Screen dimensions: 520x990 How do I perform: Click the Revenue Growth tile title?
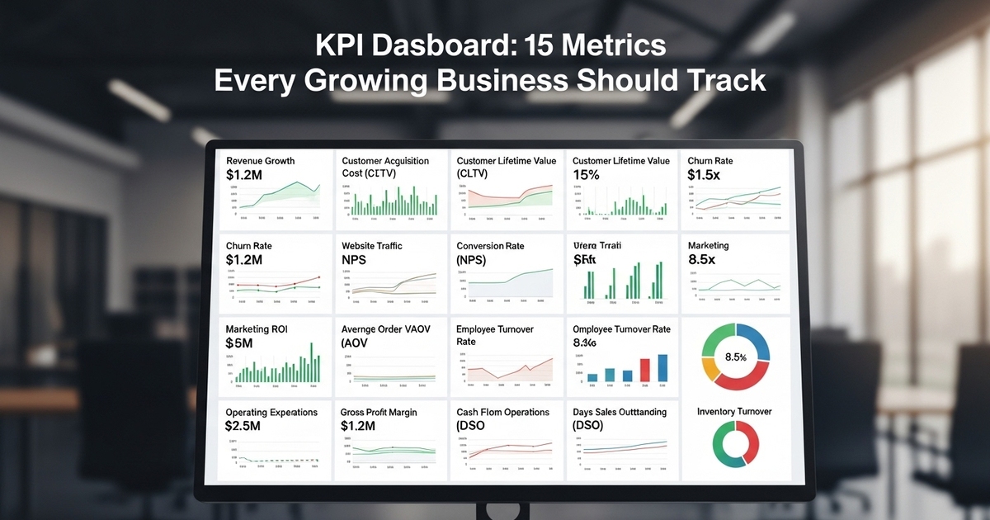[x=260, y=161]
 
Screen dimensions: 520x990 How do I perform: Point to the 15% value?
[x=587, y=175]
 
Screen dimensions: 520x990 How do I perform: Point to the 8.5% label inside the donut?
[x=734, y=357]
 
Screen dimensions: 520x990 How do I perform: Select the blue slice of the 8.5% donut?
[x=753, y=340]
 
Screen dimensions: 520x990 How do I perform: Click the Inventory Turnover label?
[x=734, y=411]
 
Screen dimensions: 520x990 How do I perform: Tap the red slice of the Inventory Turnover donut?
[x=750, y=443]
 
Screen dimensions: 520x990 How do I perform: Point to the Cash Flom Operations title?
[x=502, y=412]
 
